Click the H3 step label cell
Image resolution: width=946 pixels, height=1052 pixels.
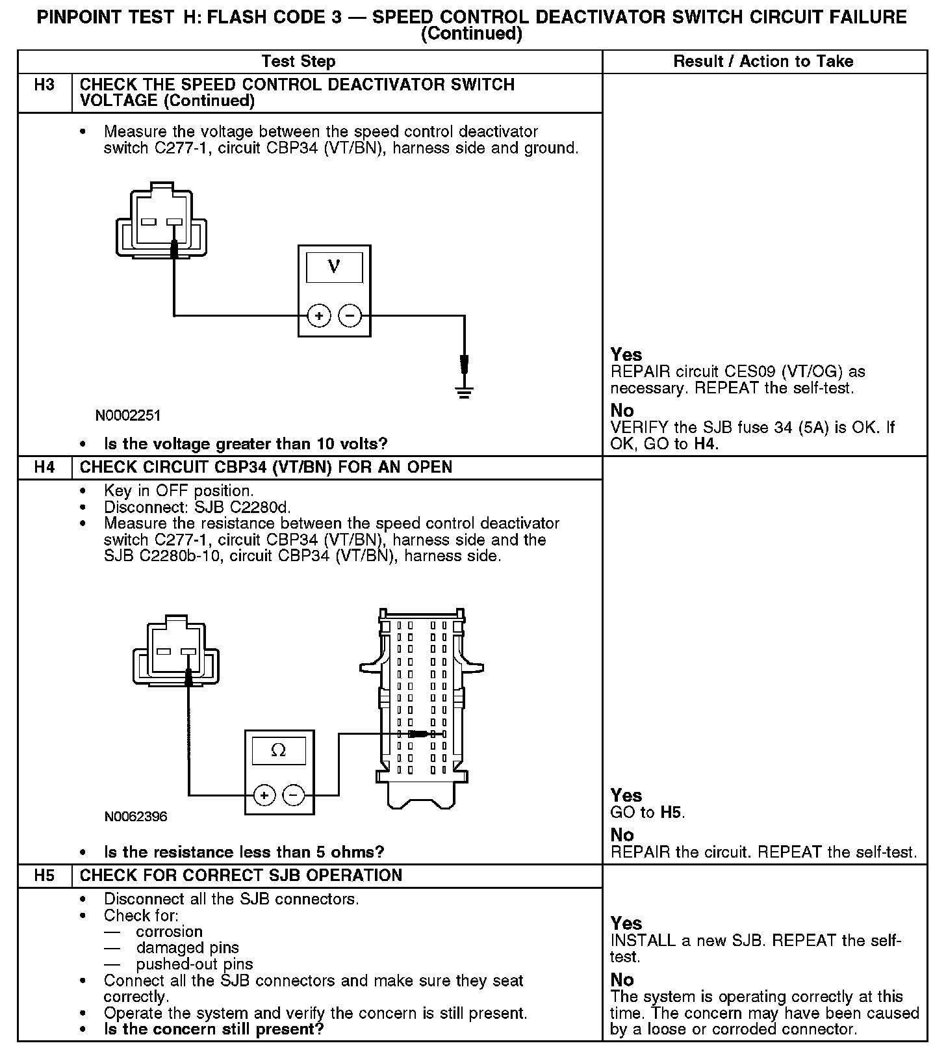44,85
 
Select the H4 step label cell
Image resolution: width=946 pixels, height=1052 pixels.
44,467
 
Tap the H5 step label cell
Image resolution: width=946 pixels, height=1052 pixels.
44,876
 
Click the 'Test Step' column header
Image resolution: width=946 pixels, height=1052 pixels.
298,62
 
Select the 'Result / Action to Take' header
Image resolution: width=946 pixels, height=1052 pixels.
763,62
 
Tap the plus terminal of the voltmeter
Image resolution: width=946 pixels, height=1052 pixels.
319,316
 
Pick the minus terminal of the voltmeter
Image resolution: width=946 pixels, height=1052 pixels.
350,316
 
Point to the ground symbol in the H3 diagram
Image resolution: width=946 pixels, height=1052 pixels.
464,391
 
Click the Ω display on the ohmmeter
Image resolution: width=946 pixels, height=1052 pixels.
278,751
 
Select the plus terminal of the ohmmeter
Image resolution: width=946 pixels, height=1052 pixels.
264,795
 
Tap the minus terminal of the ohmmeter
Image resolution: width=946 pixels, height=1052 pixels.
294,795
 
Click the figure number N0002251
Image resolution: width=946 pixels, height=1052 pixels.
128,415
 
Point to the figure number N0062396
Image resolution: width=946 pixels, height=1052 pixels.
136,817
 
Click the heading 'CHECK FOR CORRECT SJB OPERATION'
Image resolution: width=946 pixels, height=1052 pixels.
241,876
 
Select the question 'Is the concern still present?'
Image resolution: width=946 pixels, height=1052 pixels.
214,1029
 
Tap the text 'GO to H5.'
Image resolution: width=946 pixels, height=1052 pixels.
648,813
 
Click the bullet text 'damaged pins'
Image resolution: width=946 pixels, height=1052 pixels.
188,948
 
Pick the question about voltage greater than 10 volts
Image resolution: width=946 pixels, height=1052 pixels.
246,444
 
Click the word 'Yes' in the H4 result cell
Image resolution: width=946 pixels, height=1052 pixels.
626,795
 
